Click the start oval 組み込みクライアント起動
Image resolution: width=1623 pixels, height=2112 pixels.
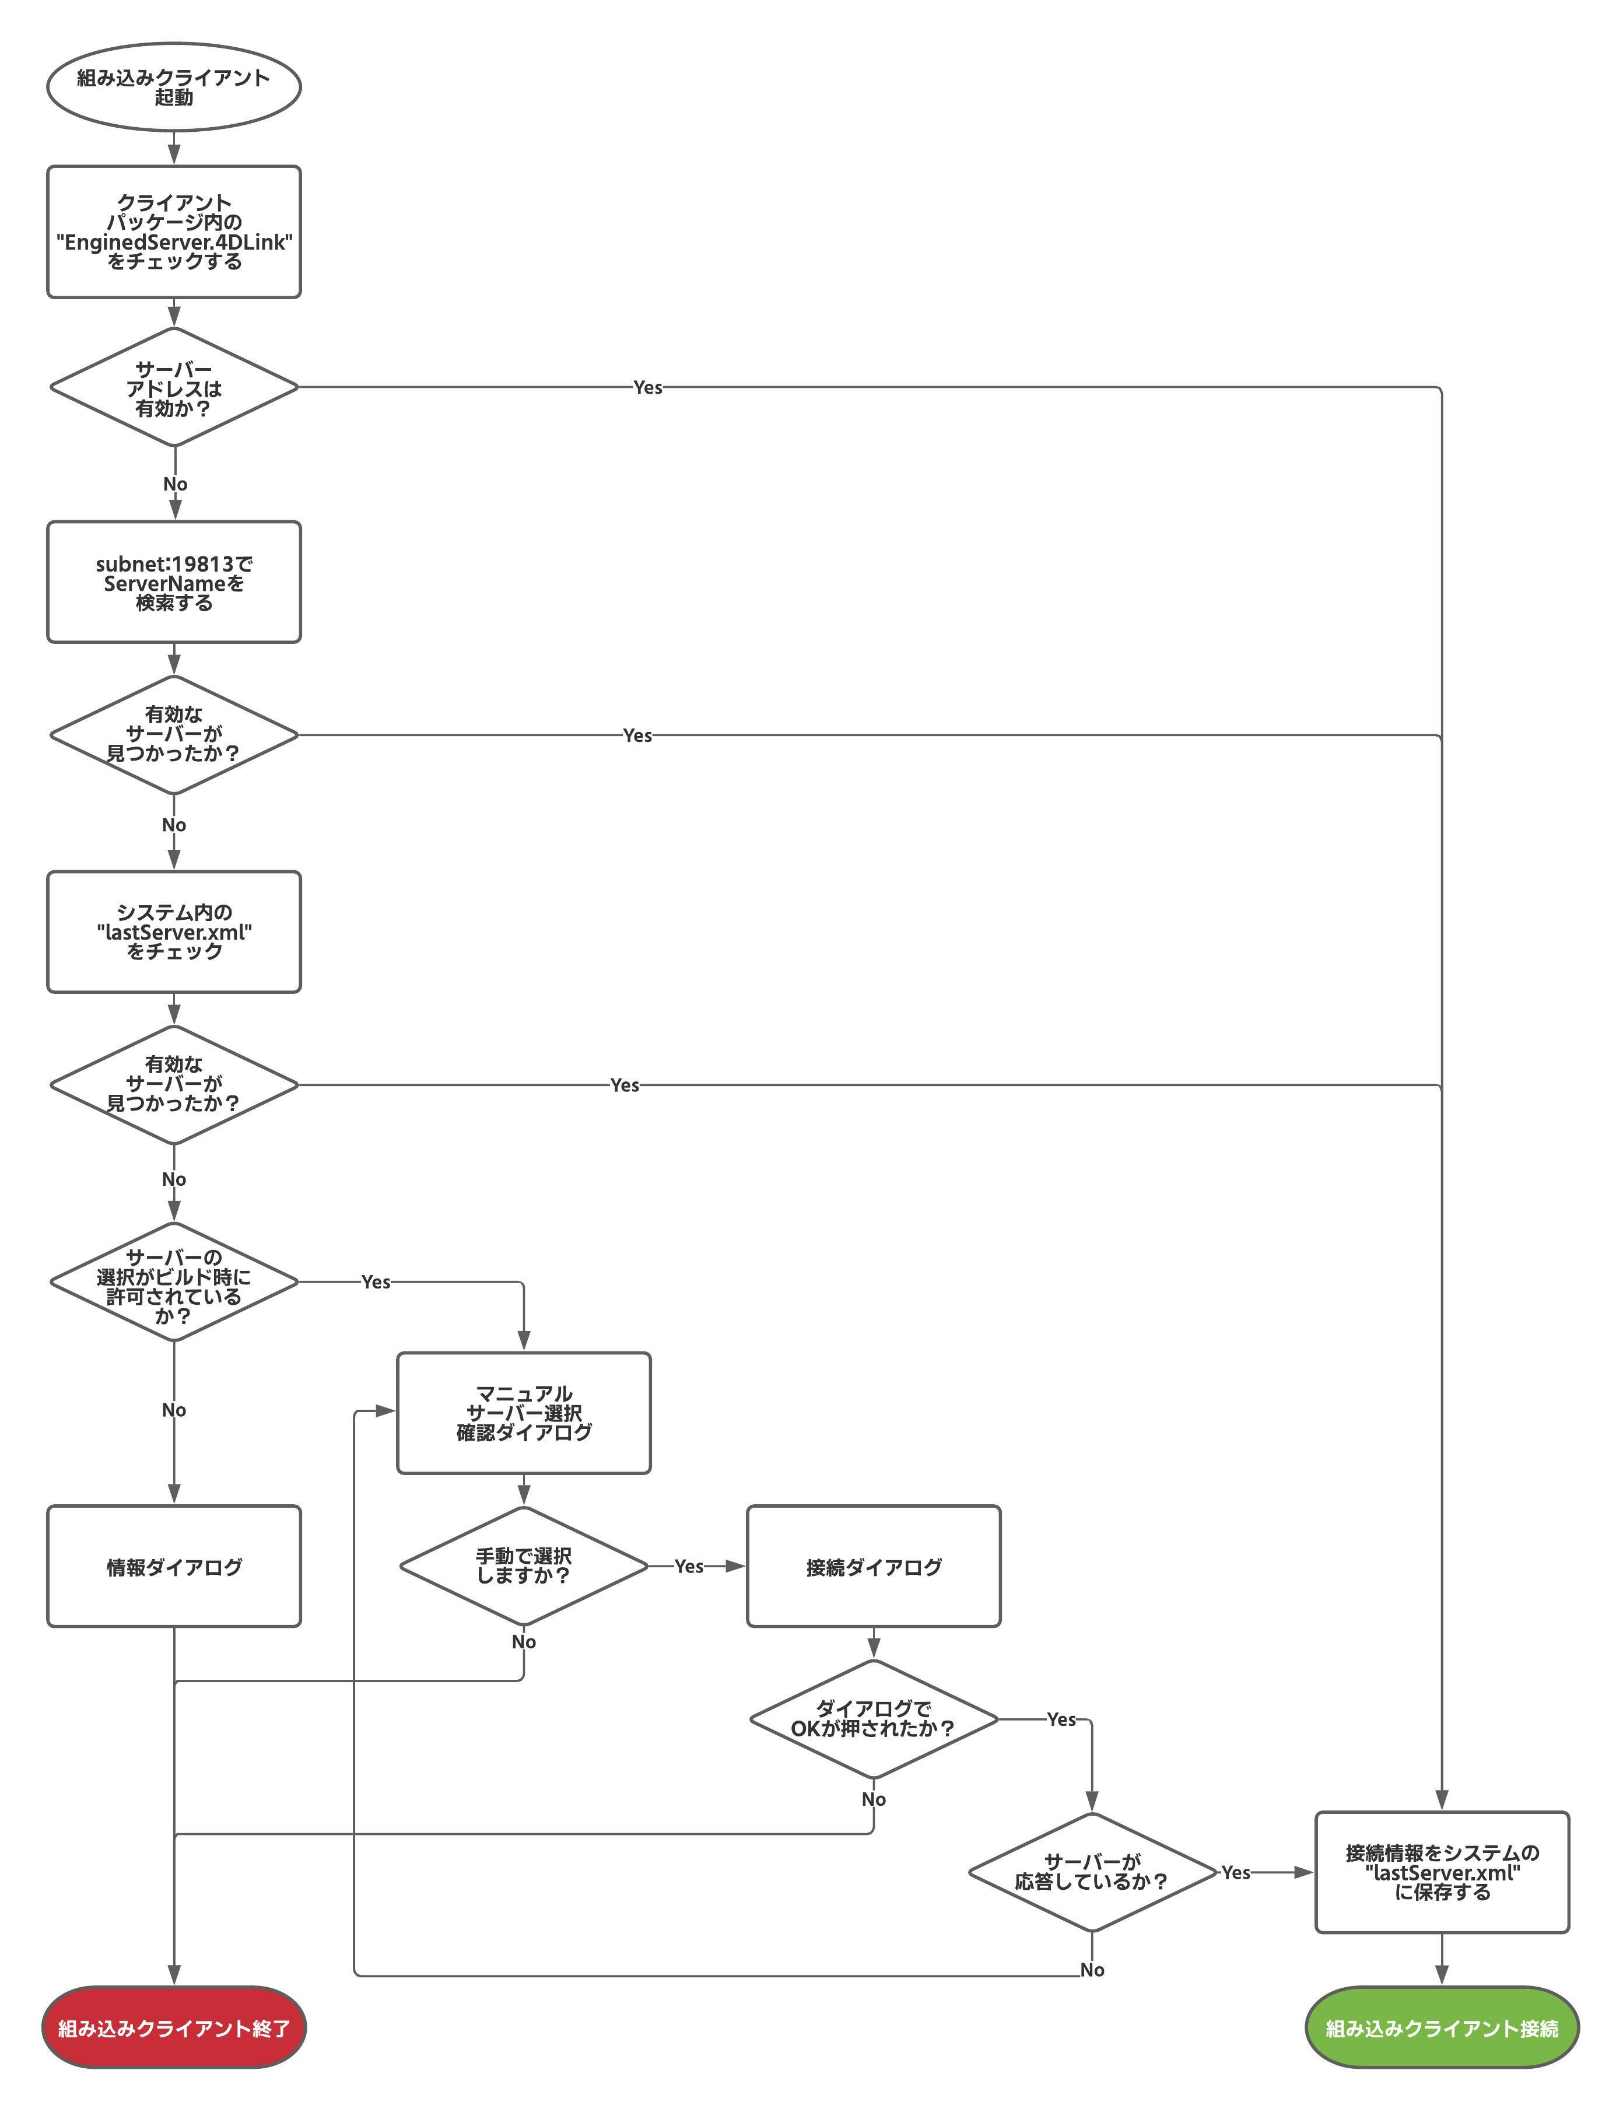coord(174,87)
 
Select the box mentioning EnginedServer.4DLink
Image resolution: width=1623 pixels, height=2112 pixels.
coord(174,232)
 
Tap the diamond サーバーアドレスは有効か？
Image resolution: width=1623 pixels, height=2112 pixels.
coord(174,387)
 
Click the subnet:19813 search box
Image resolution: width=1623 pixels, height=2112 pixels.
coord(174,583)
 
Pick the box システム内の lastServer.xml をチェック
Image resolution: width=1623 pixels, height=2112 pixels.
coord(174,932)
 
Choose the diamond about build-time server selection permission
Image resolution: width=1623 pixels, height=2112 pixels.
coord(174,1282)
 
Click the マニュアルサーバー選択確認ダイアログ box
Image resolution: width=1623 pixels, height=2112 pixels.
coord(524,1413)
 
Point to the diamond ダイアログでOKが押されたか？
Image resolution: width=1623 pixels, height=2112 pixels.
coord(874,1719)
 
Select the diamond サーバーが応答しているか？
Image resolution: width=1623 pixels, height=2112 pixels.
coord(1092,1872)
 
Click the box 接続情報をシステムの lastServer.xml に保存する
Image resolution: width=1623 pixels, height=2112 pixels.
coord(1442,1872)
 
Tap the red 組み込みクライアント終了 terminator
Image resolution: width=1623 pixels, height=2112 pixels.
coord(174,2028)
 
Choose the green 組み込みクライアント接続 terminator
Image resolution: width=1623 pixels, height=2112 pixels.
coord(1442,2028)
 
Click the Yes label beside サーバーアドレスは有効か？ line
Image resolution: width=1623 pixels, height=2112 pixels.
coord(647,387)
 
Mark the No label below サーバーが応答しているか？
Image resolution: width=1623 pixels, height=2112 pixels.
coord(1092,1970)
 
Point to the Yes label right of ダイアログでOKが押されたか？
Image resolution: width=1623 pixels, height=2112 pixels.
coord(1061,1719)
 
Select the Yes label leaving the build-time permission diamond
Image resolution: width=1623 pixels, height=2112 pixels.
coord(376,1282)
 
